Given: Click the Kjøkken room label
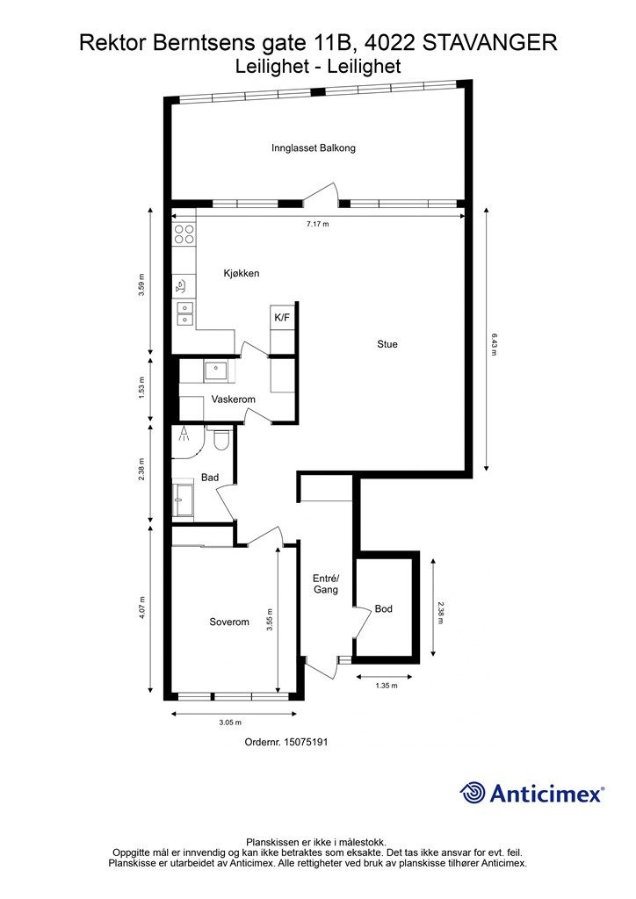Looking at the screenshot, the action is (x=242, y=274).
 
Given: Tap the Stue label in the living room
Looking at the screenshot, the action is (x=387, y=344).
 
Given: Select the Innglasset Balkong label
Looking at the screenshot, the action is (x=314, y=147).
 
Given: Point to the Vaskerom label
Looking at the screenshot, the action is (x=234, y=399).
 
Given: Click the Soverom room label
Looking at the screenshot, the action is (x=229, y=622).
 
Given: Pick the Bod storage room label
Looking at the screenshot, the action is (x=384, y=608).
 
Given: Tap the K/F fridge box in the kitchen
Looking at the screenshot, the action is (x=282, y=318).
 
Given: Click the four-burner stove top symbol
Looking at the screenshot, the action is (x=184, y=234).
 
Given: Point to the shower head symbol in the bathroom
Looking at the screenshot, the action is (x=184, y=434).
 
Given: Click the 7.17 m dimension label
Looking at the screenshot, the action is (x=318, y=224).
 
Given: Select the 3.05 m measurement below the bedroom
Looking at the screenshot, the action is (x=230, y=723).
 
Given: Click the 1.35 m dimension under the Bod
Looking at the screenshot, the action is (x=386, y=685).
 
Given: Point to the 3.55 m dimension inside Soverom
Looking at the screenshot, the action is (x=269, y=620).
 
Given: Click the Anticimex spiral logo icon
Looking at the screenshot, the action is (x=473, y=793).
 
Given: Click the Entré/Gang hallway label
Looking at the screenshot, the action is (x=326, y=584).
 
